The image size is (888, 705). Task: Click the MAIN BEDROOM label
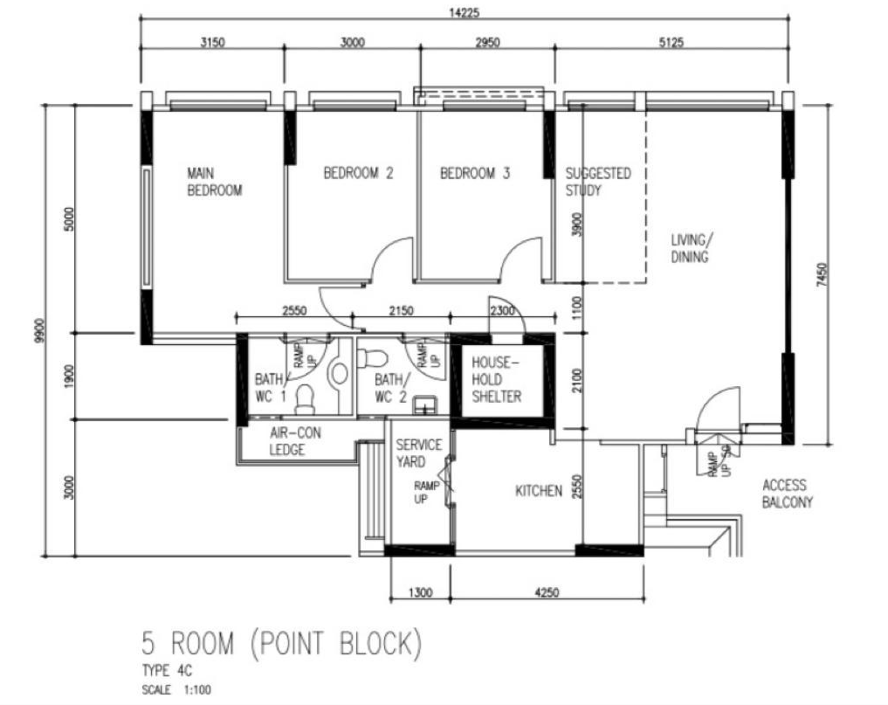(x=214, y=181)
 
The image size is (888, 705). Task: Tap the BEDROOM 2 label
(x=358, y=173)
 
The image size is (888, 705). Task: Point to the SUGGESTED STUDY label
(x=597, y=182)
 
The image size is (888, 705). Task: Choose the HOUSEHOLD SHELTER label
(x=496, y=379)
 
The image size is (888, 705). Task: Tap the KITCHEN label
(x=538, y=492)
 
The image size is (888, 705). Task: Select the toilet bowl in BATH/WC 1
(x=305, y=399)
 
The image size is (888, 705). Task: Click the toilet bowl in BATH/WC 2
(x=375, y=357)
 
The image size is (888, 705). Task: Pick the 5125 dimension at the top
(x=670, y=43)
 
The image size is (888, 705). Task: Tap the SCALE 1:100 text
(x=175, y=689)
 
